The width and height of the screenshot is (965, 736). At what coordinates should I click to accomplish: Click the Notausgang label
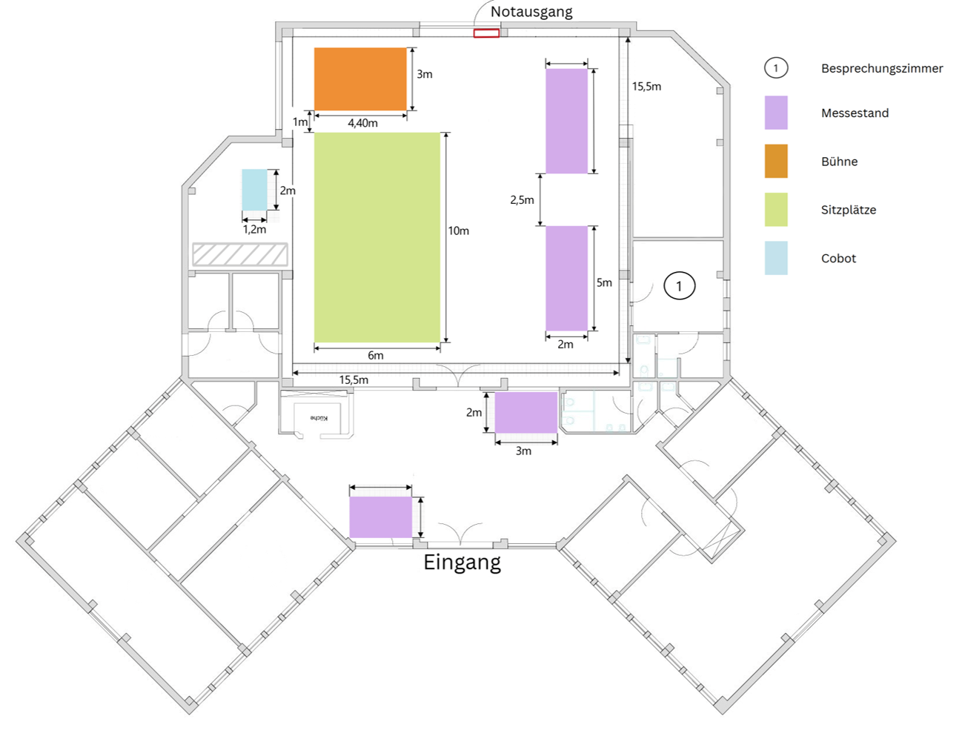point(531,12)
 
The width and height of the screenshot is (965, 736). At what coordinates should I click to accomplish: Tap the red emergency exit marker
point(486,33)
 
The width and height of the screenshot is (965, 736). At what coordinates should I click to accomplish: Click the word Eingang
point(462,563)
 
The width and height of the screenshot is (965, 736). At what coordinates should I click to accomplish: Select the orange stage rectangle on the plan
point(360,79)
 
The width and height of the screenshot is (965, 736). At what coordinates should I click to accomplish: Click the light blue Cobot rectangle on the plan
point(254,190)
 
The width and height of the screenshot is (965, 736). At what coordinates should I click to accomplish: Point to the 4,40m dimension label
point(362,123)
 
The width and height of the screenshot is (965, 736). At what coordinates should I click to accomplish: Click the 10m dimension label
point(458,231)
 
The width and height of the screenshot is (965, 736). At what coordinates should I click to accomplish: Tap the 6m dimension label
point(376,356)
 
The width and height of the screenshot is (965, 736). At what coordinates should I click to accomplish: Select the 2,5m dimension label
point(522,200)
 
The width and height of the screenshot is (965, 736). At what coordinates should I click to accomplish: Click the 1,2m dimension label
point(254,230)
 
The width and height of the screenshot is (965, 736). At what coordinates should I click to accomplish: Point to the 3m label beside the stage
point(424,74)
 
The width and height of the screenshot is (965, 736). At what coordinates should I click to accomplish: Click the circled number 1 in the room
point(679,285)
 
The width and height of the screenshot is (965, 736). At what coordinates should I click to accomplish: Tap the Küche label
point(319,418)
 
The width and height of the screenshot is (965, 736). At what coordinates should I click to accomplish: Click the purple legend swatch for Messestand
point(776,113)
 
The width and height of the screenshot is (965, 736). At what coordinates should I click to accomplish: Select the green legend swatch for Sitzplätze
point(776,210)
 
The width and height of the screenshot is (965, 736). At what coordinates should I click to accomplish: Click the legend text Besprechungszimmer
point(881,68)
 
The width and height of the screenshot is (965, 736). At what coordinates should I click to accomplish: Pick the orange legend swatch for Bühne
point(776,162)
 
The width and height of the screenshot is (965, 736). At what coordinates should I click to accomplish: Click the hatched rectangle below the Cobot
point(239,254)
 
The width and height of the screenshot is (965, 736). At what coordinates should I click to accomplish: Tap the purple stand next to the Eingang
point(380,517)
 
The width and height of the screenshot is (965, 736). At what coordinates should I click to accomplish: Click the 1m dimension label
point(299,122)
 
